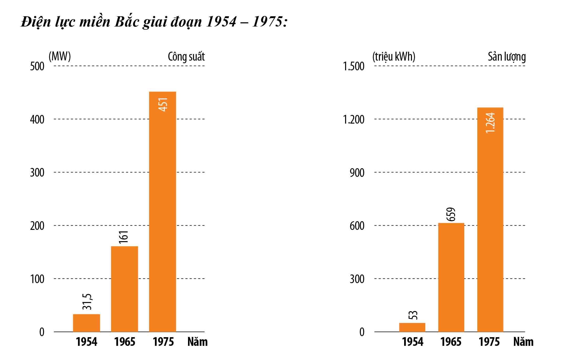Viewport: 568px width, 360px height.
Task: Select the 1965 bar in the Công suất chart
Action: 124,289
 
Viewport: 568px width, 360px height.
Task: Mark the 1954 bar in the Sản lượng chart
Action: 412,327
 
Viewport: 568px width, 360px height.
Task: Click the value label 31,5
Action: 87,301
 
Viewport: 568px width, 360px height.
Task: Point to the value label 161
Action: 123,237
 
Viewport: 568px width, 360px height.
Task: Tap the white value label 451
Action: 163,104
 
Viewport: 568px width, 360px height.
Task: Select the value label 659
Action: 451,214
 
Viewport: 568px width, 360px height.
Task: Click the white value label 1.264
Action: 490,123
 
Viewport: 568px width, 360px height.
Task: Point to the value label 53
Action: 413,315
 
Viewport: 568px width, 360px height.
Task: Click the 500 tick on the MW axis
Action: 37,66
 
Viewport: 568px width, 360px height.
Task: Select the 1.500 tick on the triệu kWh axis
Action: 353,66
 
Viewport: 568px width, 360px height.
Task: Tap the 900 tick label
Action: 357,173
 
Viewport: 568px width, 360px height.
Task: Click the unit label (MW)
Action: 60,56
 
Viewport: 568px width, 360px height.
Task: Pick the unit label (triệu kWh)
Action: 394,56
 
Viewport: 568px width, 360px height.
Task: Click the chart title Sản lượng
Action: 507,57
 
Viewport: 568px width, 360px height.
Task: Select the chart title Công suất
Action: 186,57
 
